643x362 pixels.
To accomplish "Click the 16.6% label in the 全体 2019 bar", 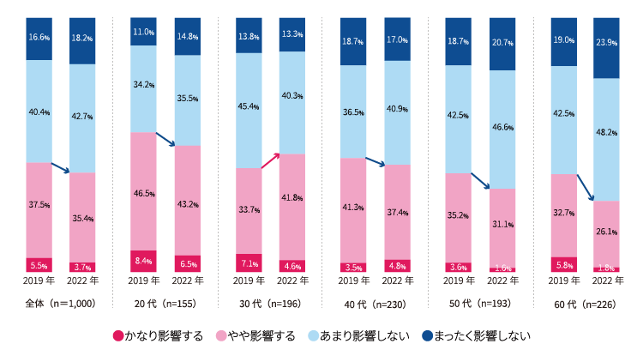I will (x=39, y=39).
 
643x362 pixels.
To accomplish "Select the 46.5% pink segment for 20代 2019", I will (x=143, y=191).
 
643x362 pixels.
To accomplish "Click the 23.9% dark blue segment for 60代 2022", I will (x=606, y=47).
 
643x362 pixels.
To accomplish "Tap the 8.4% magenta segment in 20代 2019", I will (x=143, y=260).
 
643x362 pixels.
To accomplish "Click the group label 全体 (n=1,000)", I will (x=60, y=303).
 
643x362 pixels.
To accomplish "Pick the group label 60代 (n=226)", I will (x=584, y=303).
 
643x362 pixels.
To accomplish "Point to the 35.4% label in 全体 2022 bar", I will (x=82, y=220).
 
